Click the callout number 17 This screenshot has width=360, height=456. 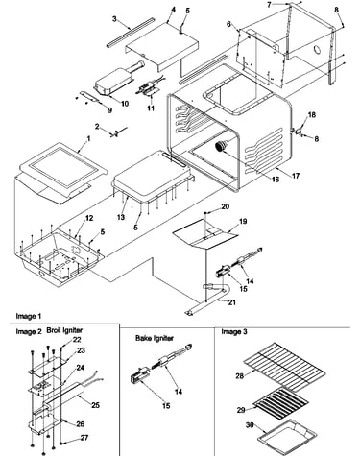[296, 176]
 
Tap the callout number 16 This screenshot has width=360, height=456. [276, 180]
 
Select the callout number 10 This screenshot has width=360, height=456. [125, 104]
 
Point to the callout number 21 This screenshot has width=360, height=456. [231, 302]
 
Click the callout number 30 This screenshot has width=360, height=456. [250, 425]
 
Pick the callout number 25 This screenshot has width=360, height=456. [95, 405]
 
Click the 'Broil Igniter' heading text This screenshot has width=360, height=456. [64, 330]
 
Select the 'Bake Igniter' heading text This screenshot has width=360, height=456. [155, 338]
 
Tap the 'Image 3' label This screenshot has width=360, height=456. [234, 332]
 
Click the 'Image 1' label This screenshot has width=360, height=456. [29, 316]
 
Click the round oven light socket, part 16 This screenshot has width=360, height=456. [221, 146]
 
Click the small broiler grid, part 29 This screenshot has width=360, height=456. [280, 401]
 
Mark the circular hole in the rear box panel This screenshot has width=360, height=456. [318, 50]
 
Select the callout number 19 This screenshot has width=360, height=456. [243, 221]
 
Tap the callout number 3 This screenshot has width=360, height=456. [114, 19]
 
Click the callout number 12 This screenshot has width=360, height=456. [89, 218]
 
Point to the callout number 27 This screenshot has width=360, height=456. [84, 437]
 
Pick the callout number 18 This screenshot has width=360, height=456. [311, 115]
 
